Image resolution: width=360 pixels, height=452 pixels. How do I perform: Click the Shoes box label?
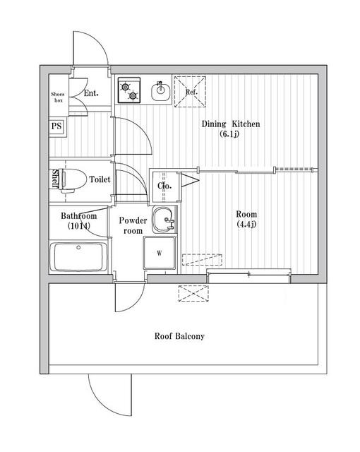point(58,97)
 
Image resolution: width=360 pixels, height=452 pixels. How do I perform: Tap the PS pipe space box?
point(56,126)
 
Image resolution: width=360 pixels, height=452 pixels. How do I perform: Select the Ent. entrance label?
point(91,93)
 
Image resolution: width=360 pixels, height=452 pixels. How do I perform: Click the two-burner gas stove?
point(128,90)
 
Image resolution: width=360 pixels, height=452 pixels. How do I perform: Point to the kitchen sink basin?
point(160,91)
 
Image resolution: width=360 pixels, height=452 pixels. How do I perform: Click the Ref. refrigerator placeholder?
point(190,92)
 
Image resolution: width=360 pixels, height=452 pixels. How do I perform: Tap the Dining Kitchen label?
point(230,124)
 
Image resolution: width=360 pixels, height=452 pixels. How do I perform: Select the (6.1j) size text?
point(229,134)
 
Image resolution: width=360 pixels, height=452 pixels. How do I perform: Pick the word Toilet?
point(100,179)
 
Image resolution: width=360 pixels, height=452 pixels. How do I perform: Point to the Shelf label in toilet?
point(54,179)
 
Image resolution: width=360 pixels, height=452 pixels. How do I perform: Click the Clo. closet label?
point(164,186)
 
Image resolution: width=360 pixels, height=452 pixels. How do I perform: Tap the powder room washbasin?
point(164,220)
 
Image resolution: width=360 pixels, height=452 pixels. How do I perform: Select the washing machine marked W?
point(160,253)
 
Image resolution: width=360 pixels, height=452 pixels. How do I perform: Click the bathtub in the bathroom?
point(78,257)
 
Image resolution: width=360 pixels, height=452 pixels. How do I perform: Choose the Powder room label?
point(133,225)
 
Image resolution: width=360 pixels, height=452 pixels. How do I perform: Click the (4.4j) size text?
point(246,224)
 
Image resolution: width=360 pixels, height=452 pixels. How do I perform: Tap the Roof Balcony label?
point(179,336)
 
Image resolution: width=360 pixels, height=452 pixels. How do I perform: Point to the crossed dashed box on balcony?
point(193,293)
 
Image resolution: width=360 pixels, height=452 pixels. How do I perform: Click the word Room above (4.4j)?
point(246,214)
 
